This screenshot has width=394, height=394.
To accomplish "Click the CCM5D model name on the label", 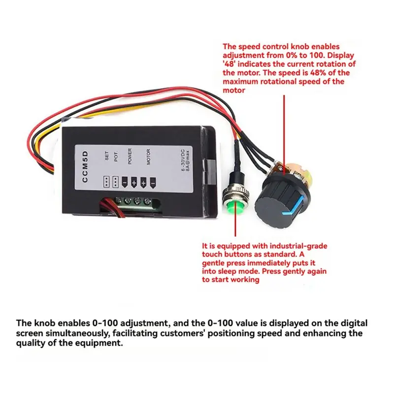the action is pyautogui.click(x=85, y=166).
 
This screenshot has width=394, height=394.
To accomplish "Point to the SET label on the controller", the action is pyautogui.click(x=107, y=156).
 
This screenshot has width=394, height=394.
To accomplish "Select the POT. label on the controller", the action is pyautogui.click(x=116, y=156).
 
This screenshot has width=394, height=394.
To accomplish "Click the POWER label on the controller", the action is pyautogui.click(x=130, y=156).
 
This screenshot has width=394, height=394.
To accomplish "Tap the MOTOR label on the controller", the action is pyautogui.click(x=148, y=157).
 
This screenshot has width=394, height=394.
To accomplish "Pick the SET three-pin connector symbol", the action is pyautogui.click(x=106, y=181).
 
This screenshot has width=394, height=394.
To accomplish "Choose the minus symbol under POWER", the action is pyautogui.click(x=125, y=182).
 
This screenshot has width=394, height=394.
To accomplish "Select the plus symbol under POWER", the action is pyautogui.click(x=134, y=182).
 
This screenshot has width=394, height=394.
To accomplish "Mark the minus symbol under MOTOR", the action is pyautogui.click(x=153, y=183).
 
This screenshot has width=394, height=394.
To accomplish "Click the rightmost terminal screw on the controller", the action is pyautogui.click(x=147, y=201).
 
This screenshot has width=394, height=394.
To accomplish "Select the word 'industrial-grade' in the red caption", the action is pyautogui.click(x=298, y=246).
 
